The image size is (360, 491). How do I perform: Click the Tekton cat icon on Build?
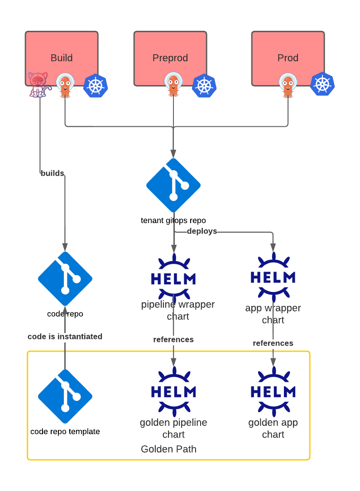[38, 85]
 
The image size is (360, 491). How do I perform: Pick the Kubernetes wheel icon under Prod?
[322, 84]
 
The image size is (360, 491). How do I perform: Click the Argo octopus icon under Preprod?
[173, 85]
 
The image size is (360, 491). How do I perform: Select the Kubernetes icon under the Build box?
[96, 86]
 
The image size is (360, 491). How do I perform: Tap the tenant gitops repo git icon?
[173, 185]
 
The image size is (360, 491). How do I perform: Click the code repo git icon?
[65, 279]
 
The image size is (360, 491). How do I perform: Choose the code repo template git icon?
[65, 396]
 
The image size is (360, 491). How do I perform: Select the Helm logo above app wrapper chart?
[273, 276]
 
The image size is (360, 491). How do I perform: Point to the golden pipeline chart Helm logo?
[173, 391]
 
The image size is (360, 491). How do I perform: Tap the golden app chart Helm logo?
[273, 391]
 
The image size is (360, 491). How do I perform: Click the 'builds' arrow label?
[53, 173]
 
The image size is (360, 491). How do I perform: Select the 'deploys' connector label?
[202, 231]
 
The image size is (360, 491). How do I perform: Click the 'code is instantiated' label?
[65, 336]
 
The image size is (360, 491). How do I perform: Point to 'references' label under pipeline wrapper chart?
[173, 339]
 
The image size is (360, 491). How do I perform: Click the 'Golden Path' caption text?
[168, 449]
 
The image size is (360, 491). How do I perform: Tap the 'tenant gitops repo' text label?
[173, 221]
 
